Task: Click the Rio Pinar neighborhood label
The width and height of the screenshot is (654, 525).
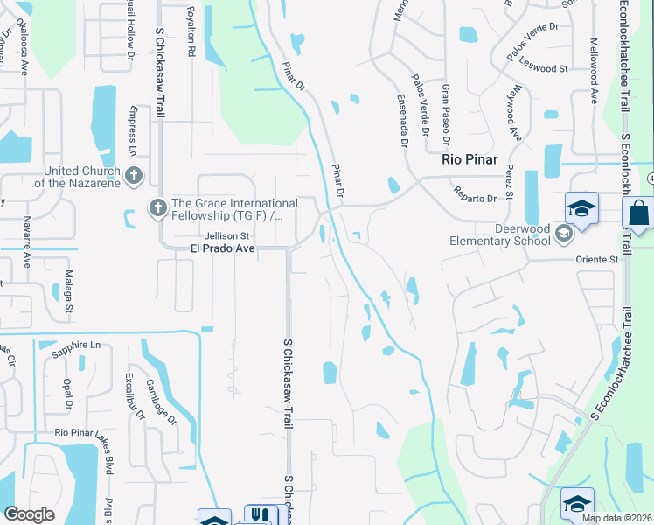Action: (x=470, y=160)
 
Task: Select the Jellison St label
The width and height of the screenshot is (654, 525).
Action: (x=227, y=235)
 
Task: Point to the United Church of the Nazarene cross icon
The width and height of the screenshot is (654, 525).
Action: (x=134, y=176)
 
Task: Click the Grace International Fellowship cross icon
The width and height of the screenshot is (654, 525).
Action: (x=157, y=208)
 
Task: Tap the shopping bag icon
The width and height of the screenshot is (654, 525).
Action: (x=639, y=213)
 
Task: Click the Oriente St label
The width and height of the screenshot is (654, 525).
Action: (x=596, y=259)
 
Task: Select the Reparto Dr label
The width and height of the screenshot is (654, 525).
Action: (x=475, y=193)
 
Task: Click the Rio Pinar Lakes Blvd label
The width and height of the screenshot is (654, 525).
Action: (x=85, y=432)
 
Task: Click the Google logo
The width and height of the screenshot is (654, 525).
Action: (x=30, y=514)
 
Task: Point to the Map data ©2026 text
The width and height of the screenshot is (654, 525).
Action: (x=617, y=518)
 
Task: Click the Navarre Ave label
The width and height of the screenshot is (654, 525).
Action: (x=27, y=241)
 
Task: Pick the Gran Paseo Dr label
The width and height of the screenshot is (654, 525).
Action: (x=446, y=114)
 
